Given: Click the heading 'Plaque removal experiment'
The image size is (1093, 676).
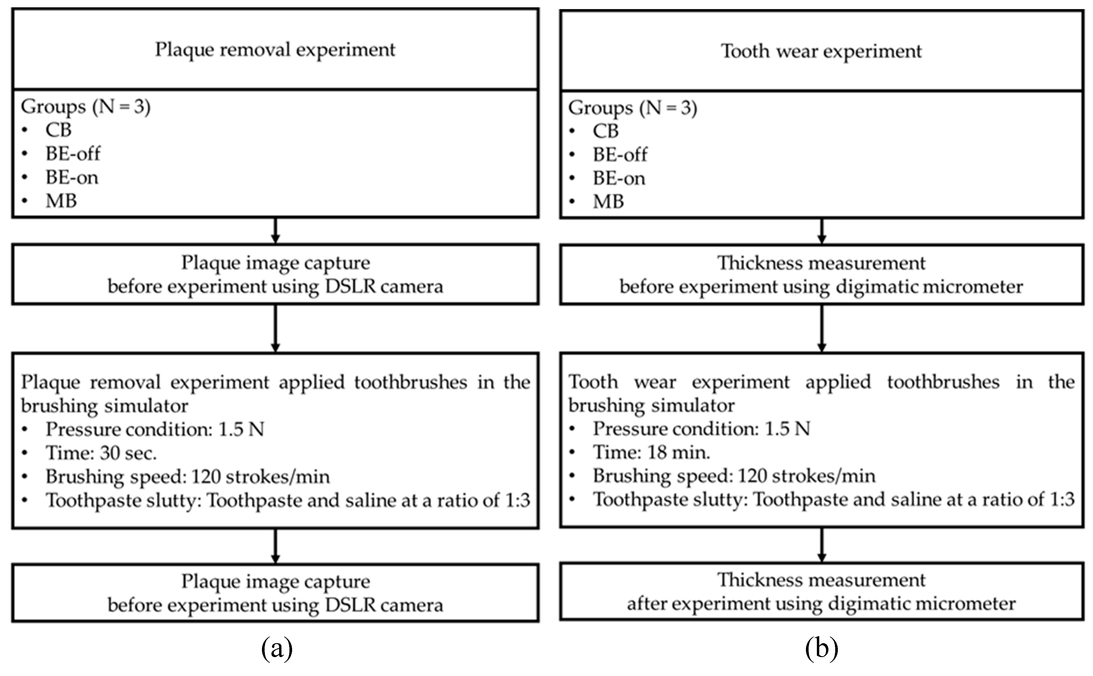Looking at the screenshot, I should tap(275, 50).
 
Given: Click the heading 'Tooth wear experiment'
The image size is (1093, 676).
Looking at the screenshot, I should tap(821, 51).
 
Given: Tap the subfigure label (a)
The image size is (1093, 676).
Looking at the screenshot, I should tap(277, 648).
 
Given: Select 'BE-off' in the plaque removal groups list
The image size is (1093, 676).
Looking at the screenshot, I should tap(73, 154).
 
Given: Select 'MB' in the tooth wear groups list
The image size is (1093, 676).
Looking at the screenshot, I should tap(608, 202).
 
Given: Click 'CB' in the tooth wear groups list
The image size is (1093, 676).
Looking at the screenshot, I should tap(605, 131).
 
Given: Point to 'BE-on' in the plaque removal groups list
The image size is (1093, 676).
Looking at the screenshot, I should tap(72, 177).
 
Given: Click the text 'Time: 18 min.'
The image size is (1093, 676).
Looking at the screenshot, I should tap(651, 453).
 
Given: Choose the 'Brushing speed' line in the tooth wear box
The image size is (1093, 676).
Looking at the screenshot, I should tap(733, 476).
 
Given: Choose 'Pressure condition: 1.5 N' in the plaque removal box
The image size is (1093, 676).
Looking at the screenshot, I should tap(154, 429).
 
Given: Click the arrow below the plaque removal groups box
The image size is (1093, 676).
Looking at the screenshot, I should tap(276, 231).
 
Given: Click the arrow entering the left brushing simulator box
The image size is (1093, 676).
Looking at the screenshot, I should tap(276, 329).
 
